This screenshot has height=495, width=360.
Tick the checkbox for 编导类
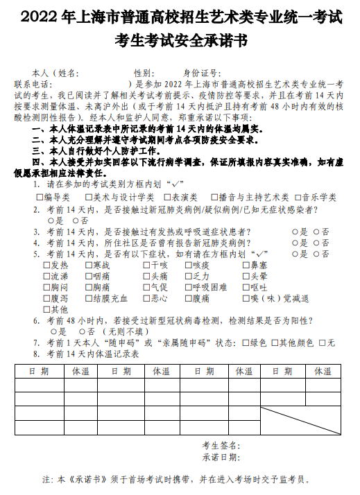[x=40, y=197]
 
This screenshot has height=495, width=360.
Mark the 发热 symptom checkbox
[x=46, y=265]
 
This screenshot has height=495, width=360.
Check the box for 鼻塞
[x=246, y=265]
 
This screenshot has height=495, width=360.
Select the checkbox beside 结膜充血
[x=87, y=298]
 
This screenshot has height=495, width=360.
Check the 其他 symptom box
[x=46, y=309]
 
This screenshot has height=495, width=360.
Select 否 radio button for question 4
[x=317, y=243]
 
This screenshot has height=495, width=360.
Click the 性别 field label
[x=144, y=73]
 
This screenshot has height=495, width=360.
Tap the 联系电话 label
[x=32, y=83]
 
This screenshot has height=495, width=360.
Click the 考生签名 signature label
[x=221, y=444]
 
